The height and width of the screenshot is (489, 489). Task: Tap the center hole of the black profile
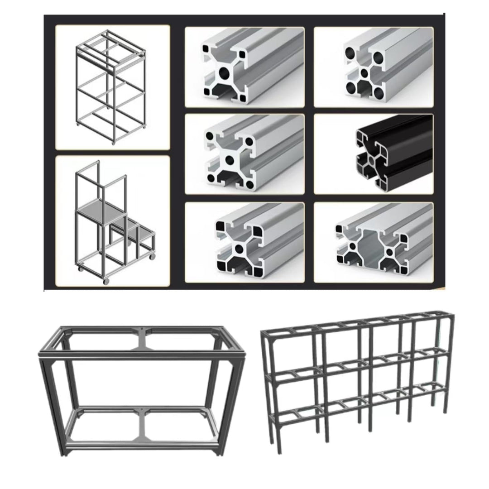(372, 160)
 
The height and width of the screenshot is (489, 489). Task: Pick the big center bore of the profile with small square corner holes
(225, 72)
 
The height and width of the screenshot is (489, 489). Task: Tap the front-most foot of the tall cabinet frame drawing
(113, 143)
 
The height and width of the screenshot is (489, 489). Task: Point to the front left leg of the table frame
(50, 407)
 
